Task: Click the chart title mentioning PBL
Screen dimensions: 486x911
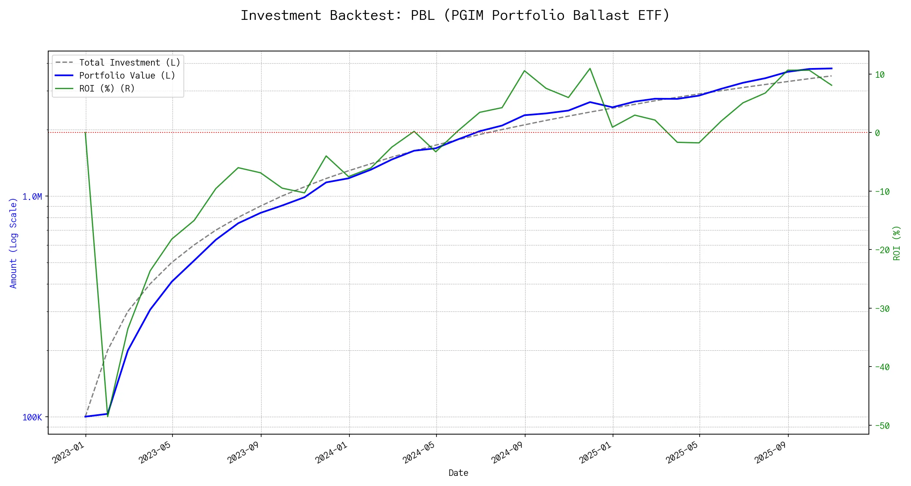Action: coord(455,15)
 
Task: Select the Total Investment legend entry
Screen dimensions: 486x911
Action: coord(130,63)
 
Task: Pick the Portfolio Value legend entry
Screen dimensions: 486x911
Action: coord(127,76)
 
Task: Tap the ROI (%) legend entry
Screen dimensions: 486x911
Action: coord(107,89)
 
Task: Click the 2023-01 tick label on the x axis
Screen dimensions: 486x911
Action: coord(69,452)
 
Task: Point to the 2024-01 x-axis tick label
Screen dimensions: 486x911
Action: coord(332,452)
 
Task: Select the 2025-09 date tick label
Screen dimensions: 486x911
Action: coord(771,452)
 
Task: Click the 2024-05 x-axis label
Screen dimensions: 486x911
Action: coord(419,452)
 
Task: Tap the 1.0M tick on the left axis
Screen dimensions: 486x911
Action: coord(32,197)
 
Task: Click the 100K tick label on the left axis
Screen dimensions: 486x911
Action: coord(32,418)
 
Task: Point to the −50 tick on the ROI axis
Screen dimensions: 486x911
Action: coord(881,426)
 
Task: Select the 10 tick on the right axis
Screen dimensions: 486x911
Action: coord(880,75)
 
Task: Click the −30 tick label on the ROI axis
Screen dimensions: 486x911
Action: coord(881,309)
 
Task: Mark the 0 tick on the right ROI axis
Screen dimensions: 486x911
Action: coord(877,133)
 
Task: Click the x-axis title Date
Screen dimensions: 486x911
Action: coord(458,473)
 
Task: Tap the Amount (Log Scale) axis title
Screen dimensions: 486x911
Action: coord(13,243)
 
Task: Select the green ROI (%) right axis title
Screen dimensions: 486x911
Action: coord(897,243)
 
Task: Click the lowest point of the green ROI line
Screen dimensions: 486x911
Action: coord(107,416)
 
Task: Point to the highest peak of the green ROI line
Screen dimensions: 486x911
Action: coord(590,68)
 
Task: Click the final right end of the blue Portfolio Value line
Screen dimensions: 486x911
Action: coord(832,68)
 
